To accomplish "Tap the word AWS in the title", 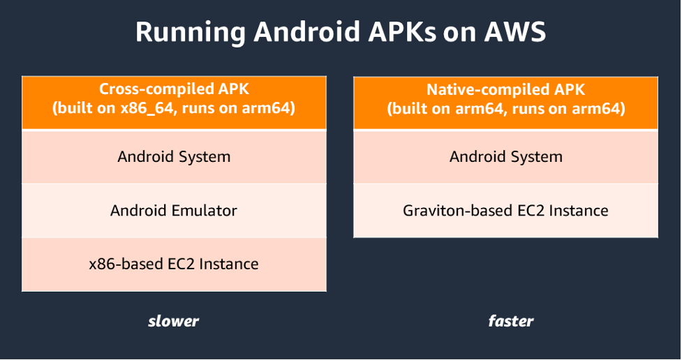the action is (515, 31).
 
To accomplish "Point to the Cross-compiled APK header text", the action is (174, 89).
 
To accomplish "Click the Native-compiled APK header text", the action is (506, 89).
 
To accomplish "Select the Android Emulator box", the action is (174, 211).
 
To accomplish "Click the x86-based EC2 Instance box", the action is (174, 264).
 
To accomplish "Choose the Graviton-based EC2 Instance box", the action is (506, 211).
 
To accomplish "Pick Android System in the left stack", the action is (174, 156).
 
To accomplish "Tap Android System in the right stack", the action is (506, 156).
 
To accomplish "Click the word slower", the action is (174, 322).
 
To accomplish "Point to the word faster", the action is (511, 322).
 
